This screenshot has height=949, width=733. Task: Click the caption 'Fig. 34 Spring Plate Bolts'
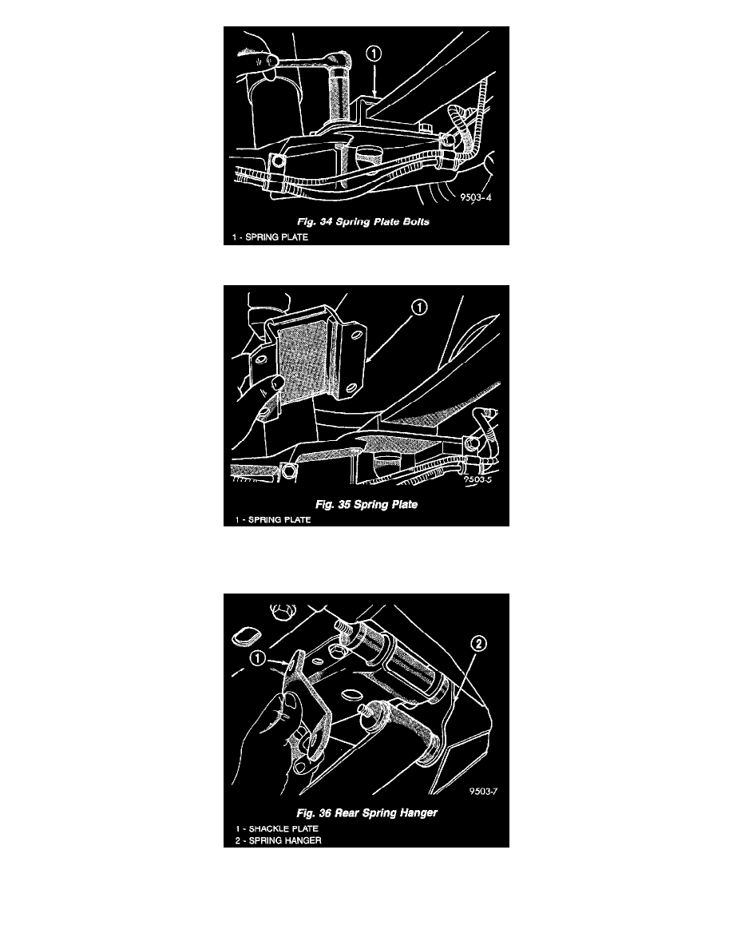(x=363, y=221)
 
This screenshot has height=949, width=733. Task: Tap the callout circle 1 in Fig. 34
(x=374, y=54)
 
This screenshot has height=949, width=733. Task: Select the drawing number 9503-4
(x=476, y=197)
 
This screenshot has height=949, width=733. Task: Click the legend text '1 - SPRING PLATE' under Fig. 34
(x=271, y=237)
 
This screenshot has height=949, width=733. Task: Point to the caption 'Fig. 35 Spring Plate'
(x=366, y=504)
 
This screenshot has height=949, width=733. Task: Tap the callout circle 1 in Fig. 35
(x=419, y=308)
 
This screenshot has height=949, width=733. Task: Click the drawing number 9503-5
(x=478, y=479)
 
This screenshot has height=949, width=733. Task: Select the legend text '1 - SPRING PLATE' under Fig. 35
(x=273, y=520)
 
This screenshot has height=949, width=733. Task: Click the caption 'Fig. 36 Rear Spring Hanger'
(x=366, y=813)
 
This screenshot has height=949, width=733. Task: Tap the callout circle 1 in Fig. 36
(x=258, y=658)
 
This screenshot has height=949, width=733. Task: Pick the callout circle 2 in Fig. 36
(x=477, y=643)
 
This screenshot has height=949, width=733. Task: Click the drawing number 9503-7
(x=483, y=791)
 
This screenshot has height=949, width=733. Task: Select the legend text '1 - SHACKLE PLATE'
(x=277, y=828)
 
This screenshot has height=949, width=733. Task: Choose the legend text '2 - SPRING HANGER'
(x=278, y=840)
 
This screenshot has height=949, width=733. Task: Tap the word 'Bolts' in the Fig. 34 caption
(x=415, y=221)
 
